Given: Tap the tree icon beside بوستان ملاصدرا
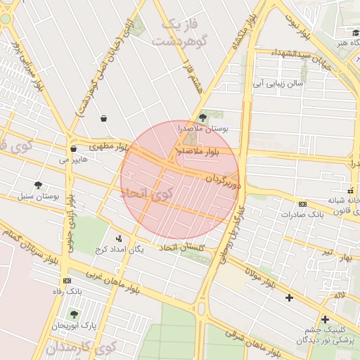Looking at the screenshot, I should click(203, 117).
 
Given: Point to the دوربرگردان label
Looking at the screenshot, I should click(223, 181).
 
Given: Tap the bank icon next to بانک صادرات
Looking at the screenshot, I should click(302, 205).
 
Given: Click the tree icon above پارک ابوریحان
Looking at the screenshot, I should click(74, 314).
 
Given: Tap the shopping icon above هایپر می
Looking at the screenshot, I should click(73, 148).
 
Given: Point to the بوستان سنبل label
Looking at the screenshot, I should click(40, 196).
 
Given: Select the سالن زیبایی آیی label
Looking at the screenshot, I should click(279, 82).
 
